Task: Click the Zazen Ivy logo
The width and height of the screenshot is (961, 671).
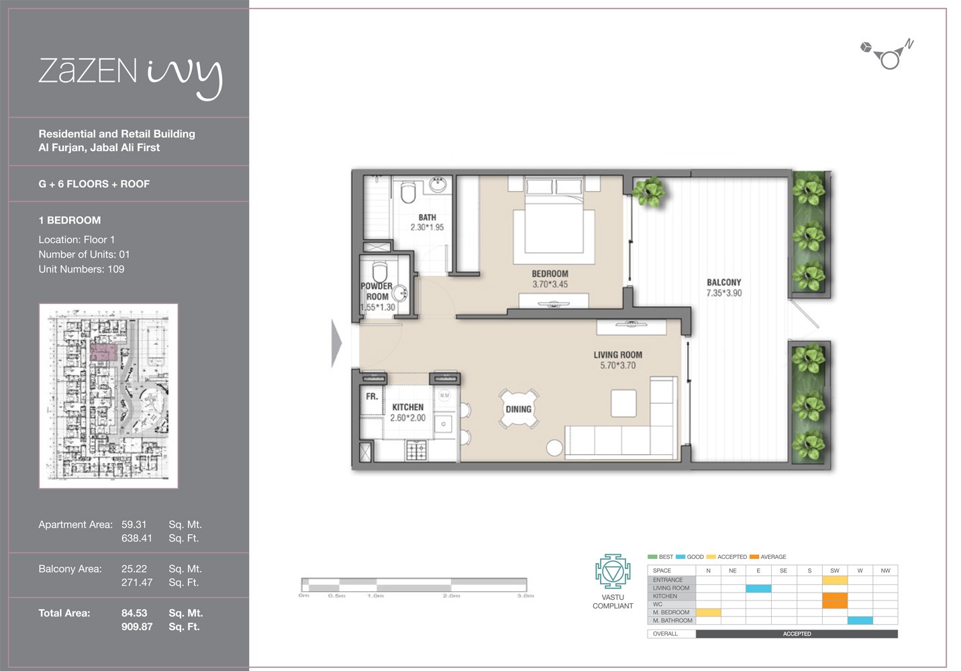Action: (x=130, y=75)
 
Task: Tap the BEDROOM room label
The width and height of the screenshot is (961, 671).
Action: (x=550, y=274)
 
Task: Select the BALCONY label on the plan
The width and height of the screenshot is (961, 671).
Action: (x=723, y=282)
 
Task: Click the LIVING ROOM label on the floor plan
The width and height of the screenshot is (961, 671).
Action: (x=617, y=355)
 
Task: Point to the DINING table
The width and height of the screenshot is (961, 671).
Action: (x=518, y=409)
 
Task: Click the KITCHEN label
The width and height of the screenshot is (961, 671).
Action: (x=407, y=407)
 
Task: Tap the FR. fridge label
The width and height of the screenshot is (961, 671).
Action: (x=372, y=397)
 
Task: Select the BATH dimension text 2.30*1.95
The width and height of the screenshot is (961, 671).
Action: (x=427, y=227)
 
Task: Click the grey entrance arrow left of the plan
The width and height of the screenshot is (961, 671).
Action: (x=336, y=343)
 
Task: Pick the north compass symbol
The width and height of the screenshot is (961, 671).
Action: (x=889, y=56)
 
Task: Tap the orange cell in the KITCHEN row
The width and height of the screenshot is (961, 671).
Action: (x=834, y=600)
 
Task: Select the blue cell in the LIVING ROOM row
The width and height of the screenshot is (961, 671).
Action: (x=758, y=588)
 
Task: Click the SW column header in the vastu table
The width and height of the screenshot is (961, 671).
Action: (x=834, y=570)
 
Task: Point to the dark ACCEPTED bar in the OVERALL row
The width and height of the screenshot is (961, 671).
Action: (x=796, y=633)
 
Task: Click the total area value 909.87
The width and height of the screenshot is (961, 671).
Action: (x=137, y=627)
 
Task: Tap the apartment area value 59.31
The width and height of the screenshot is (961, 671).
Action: (x=134, y=525)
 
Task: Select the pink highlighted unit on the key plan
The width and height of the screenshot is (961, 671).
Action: (x=103, y=354)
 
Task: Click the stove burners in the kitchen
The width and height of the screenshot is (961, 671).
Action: (x=416, y=450)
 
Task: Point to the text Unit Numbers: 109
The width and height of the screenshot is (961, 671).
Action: (x=81, y=269)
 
